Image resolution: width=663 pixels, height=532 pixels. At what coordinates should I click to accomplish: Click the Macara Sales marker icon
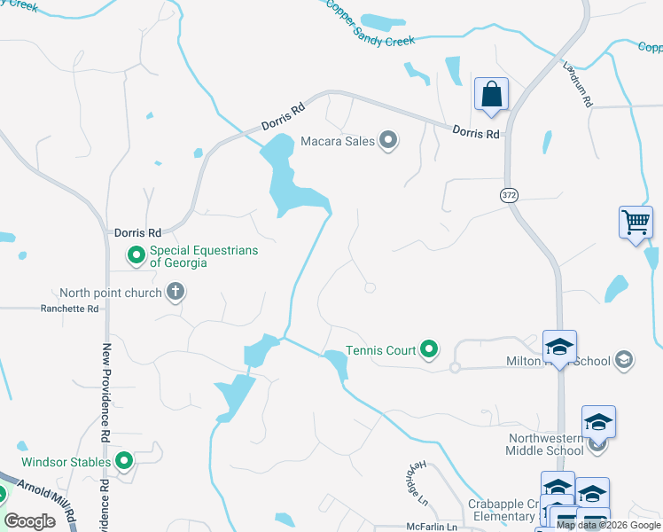388,140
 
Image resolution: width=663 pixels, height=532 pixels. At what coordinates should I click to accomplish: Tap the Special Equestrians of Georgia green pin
136,256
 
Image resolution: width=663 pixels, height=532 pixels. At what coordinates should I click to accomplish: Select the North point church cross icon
175,292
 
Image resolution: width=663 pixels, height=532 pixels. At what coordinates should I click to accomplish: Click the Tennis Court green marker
430,350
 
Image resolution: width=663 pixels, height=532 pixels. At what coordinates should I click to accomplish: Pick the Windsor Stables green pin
124,461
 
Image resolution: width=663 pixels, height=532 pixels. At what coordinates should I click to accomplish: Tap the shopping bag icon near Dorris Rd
491,94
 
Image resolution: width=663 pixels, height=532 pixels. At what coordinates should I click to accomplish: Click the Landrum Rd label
577,84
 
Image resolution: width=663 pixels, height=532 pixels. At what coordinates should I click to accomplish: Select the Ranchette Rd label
69,309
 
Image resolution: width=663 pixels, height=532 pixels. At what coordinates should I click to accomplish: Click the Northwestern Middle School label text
546,444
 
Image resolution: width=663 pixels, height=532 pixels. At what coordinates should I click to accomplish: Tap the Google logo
29,521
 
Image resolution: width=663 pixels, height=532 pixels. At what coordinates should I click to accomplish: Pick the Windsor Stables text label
66,462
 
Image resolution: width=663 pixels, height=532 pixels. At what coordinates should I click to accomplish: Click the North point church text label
111,293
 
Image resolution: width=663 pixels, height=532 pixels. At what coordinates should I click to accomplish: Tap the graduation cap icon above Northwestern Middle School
598,421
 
